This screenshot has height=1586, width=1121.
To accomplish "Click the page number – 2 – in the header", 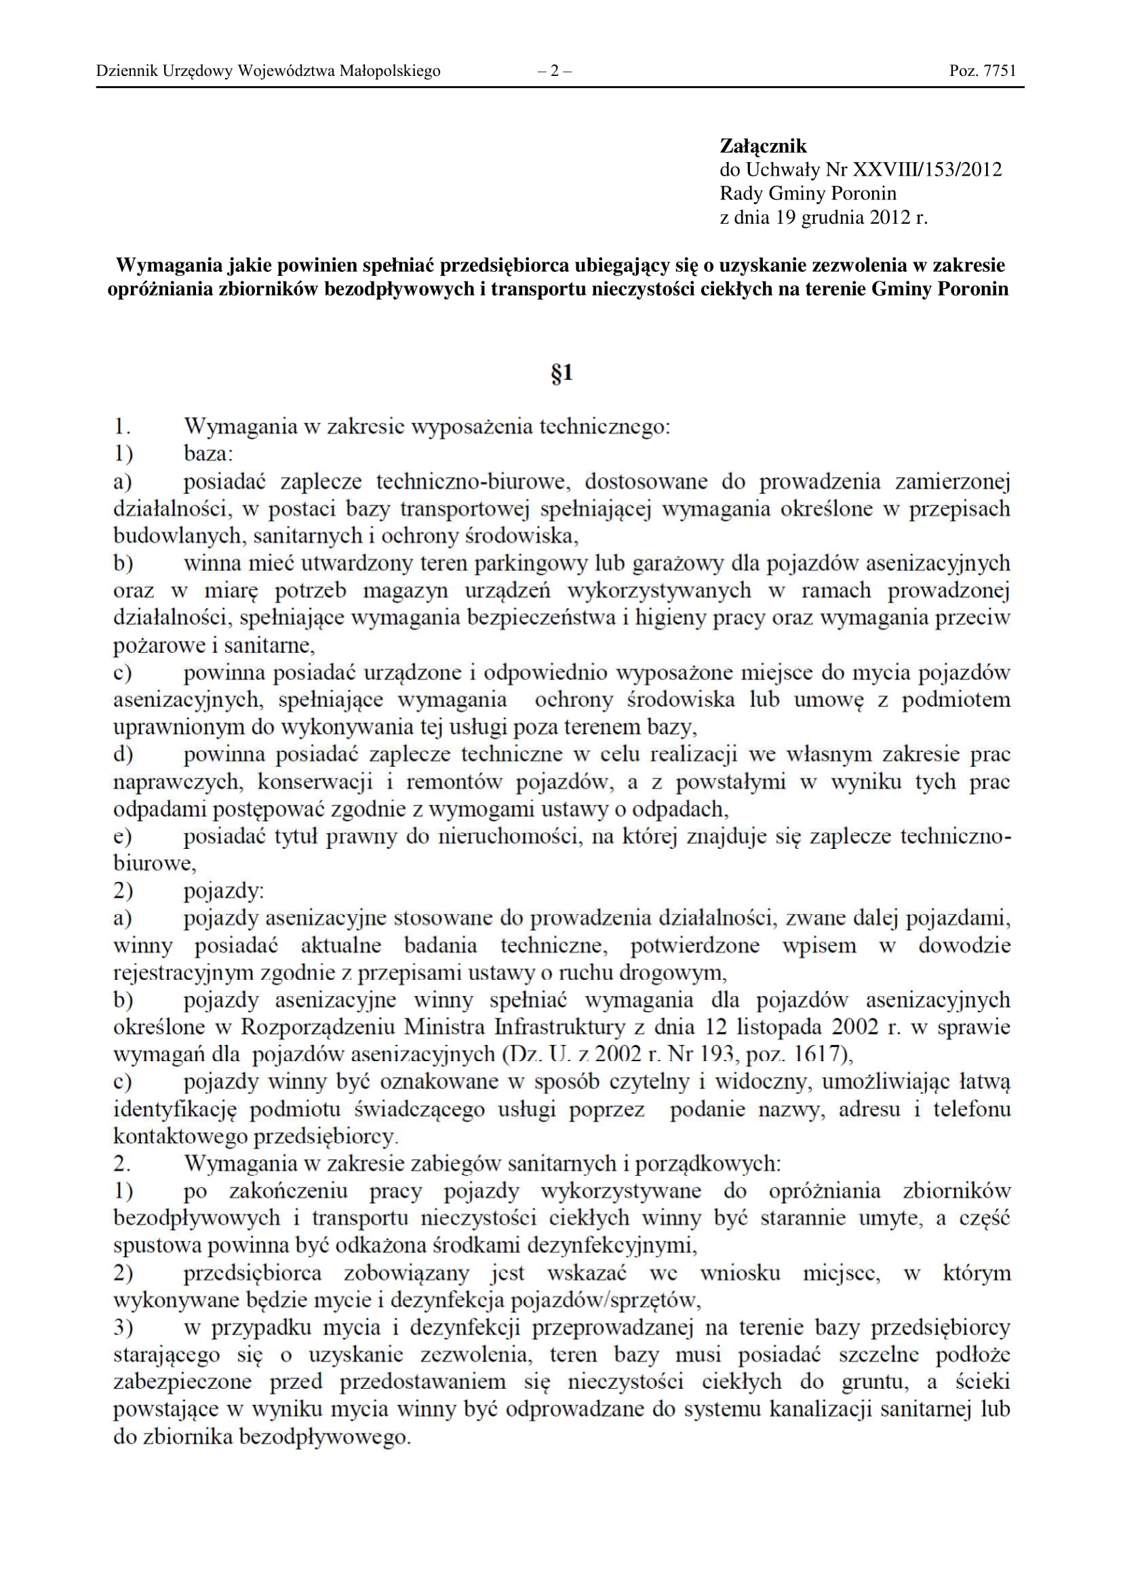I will click(x=554, y=71).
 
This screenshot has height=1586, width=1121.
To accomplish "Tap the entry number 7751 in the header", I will click(x=999, y=71).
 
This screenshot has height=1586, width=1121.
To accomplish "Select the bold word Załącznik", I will click(x=762, y=146).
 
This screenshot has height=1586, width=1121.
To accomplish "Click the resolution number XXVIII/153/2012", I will click(x=928, y=170).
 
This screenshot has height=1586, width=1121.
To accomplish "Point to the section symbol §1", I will click(x=562, y=374).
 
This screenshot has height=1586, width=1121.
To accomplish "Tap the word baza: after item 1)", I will click(x=209, y=454).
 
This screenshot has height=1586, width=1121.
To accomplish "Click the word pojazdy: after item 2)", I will click(x=224, y=891).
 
